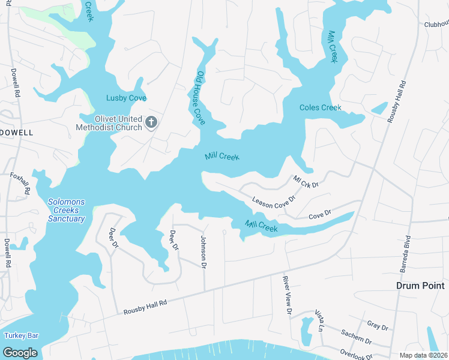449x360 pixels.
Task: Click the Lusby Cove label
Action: tap(127, 98)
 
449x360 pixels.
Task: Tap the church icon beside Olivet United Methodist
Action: tap(151, 123)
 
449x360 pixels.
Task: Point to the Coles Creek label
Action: tap(321, 108)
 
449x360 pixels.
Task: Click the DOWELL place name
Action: tap(17, 132)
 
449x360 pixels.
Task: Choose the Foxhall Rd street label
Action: tap(20, 184)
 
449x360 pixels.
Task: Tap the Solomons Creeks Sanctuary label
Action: tap(66, 210)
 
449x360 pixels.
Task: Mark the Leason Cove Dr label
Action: tap(274, 201)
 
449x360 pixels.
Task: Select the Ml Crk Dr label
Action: tap(306, 181)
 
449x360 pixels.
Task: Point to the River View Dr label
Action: tap(288, 295)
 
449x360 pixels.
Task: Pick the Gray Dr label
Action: tap(378, 326)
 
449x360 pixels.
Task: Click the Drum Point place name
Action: tap(421, 286)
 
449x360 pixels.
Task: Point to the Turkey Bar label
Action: tap(20, 335)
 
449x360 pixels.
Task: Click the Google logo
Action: tap(20, 352)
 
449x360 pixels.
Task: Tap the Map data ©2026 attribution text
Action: tap(423, 355)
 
